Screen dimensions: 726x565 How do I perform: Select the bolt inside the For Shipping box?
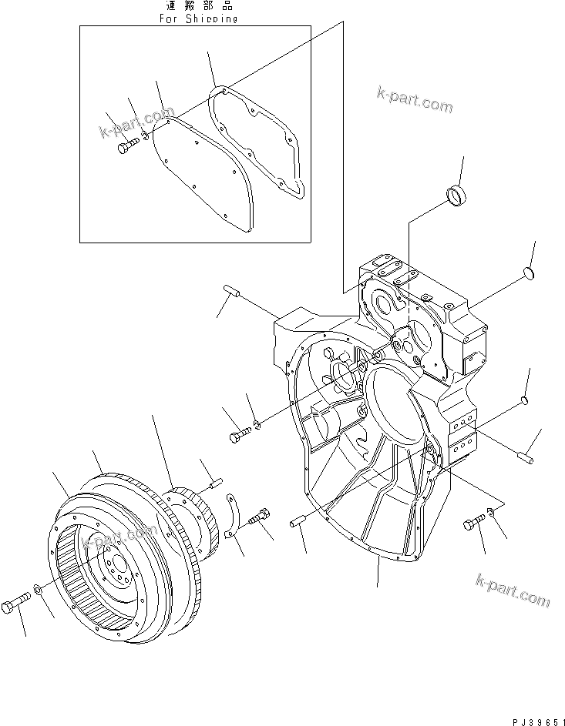126,146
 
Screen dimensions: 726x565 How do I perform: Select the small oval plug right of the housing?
524,399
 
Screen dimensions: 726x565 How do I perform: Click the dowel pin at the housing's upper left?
234,290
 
